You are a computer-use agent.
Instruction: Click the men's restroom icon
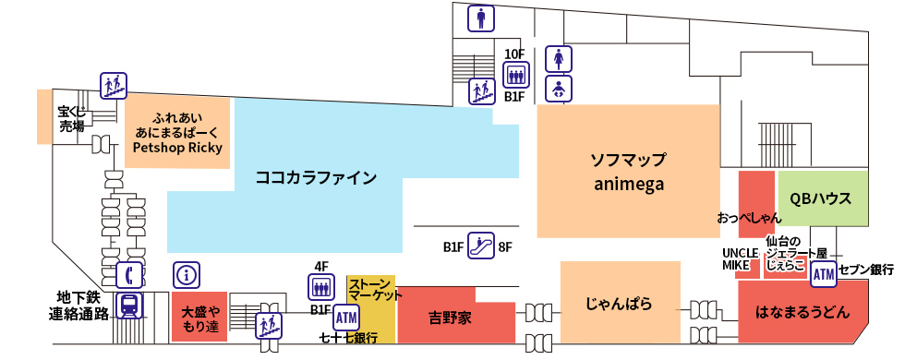[x=480, y=18]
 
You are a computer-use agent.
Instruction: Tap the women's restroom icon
[x=557, y=58]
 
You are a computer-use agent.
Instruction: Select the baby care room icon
[x=557, y=89]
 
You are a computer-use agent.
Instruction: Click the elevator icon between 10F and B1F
[x=514, y=75]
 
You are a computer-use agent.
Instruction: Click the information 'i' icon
[x=187, y=274]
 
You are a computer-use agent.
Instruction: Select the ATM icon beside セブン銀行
[x=823, y=272]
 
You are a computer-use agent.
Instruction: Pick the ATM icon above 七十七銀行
[x=346, y=318]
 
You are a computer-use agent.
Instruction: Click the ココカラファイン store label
[x=316, y=178]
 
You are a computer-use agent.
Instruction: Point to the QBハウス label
[x=821, y=199]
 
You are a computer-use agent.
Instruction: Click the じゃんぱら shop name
[x=620, y=303]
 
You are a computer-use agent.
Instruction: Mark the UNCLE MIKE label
[x=740, y=258]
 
